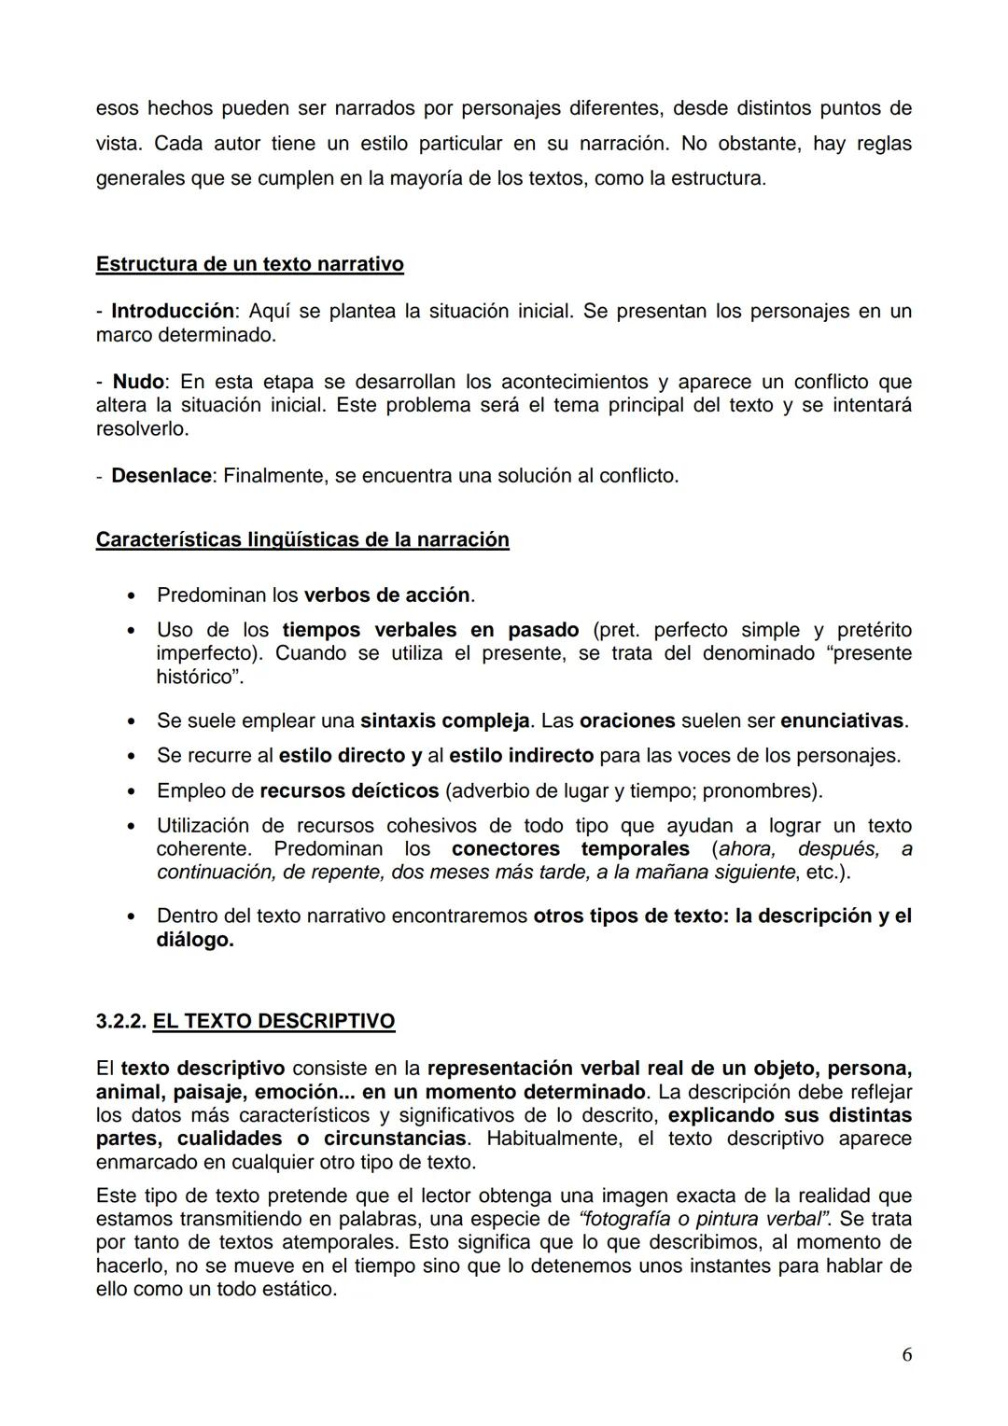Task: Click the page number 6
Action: click(906, 1355)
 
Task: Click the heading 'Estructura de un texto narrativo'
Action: click(249, 264)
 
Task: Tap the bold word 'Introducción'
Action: click(172, 311)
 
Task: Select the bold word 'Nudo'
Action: click(138, 382)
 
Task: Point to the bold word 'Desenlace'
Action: click(161, 476)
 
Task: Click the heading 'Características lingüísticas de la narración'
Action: click(302, 540)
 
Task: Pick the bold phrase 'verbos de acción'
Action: click(386, 594)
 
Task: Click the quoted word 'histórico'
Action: click(197, 677)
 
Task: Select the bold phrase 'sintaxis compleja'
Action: click(444, 721)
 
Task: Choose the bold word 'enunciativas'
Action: click(842, 721)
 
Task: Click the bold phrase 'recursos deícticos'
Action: click(349, 791)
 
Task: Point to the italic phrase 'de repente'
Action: click(334, 873)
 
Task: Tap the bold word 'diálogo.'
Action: click(195, 940)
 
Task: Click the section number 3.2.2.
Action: click(121, 1022)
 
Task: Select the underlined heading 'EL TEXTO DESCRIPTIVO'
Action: click(273, 1022)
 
